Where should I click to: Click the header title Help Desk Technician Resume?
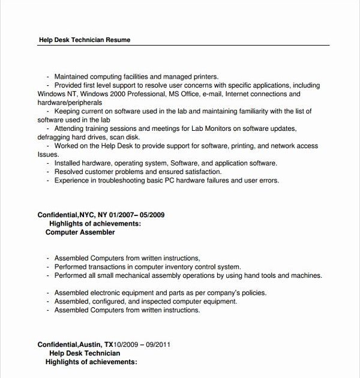(84, 40)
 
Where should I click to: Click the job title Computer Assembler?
(80, 232)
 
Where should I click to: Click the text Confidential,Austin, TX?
(75, 345)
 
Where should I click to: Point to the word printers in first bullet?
(203, 77)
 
